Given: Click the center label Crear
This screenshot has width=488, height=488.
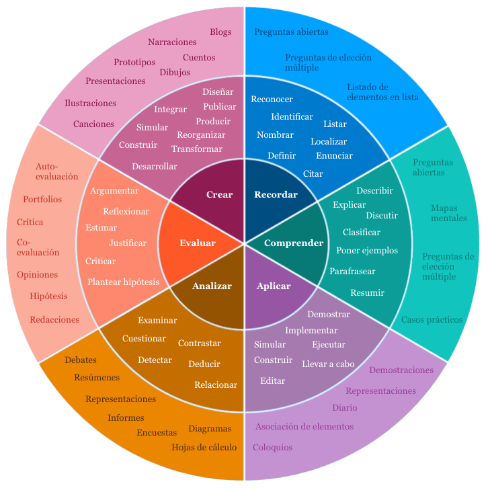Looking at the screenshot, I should coord(219,195).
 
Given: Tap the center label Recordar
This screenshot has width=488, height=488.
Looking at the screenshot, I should coord(276,195).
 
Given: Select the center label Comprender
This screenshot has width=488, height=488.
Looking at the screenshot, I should coord(294,243).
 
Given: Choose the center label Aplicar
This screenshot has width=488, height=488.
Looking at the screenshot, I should coord(274,286).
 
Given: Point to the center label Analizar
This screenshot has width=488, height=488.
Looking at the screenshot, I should coord(212,286).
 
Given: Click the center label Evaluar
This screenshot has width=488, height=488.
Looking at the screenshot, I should coord(198,243).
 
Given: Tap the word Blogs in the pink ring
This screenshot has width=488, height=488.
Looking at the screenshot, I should coord(220,32).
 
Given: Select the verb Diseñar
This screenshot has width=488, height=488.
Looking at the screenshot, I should coord(218,92).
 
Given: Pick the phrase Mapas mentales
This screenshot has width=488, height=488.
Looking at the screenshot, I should coord(448,213).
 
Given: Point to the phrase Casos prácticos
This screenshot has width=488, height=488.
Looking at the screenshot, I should coord(432,320).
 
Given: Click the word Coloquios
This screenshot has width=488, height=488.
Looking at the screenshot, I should coord(272,448).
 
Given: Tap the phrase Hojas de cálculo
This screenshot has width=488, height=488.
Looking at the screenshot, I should coord(204,448).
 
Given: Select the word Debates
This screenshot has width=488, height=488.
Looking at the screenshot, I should coord(81,360).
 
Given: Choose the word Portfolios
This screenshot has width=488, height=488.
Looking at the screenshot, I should coord(42,200).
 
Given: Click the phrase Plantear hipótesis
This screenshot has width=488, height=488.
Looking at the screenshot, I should coord(123,282).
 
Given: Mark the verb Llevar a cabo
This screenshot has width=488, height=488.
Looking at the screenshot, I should coord(328,364).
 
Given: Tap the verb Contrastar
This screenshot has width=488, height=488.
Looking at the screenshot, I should coord(199,343).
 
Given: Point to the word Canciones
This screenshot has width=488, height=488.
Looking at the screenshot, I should coord(93,124).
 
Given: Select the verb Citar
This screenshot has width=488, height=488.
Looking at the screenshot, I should coord(313,174).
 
